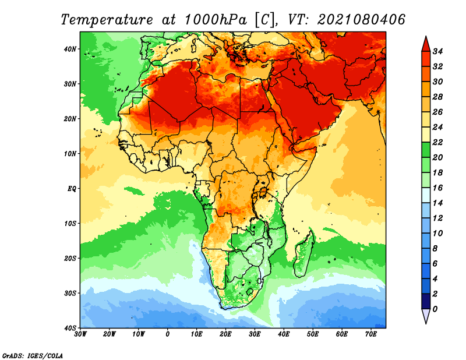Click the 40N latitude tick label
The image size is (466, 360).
tap(70, 49)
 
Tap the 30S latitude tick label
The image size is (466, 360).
tap(70, 293)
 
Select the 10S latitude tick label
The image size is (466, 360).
tap(70, 223)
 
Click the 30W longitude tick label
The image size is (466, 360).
tap(80, 334)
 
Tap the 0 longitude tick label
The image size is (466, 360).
tap(168, 334)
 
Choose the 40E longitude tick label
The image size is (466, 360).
tap(284, 334)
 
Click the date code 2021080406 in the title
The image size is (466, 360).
tap(361, 19)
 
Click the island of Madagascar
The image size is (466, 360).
tap(305, 253)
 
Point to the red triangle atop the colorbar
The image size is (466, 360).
tap(426, 43)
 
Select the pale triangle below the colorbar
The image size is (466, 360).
tap(426, 316)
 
